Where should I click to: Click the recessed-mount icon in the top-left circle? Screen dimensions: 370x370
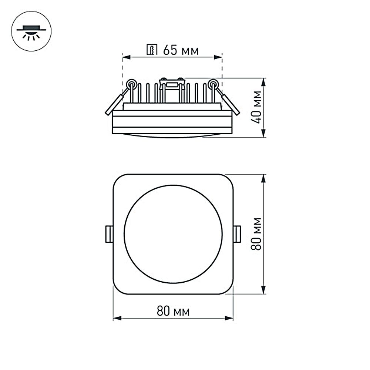point(31,32)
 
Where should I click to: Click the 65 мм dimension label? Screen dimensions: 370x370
point(181,50)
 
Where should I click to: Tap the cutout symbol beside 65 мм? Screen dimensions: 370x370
point(152,50)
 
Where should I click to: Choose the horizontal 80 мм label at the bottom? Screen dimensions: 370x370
point(173,312)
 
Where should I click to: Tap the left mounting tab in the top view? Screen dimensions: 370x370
point(109,234)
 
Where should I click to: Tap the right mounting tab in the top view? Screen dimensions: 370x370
point(237,234)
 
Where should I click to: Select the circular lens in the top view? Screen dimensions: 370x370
point(173,234)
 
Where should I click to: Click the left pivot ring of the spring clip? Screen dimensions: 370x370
point(131,84)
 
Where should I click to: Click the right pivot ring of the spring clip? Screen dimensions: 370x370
point(213,84)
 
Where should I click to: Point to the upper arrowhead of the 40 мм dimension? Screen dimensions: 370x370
point(263,81)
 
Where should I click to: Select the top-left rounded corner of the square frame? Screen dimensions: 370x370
point(118,179)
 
